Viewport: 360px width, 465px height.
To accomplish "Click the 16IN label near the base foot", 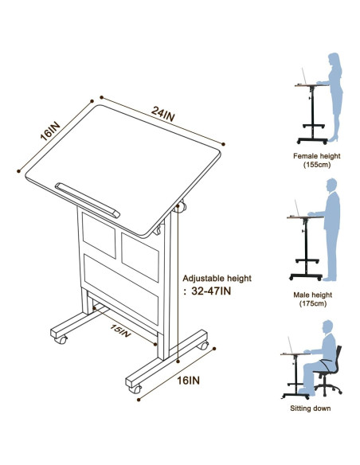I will coord(189,381).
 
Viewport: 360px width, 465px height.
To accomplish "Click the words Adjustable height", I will coord(217,279).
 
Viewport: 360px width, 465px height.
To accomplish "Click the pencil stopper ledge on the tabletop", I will coord(87,200).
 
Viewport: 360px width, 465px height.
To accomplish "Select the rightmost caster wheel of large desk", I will coord(204,346).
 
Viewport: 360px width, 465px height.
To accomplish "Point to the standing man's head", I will coord(331,186).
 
